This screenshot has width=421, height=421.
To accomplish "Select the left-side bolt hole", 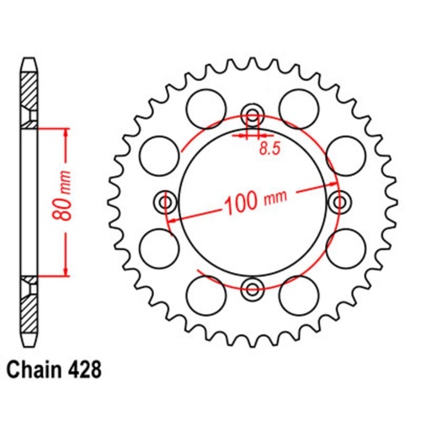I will point(165,203).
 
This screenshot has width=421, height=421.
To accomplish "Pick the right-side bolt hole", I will point(341,203).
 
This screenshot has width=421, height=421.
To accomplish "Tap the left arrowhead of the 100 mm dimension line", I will point(172,218).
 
